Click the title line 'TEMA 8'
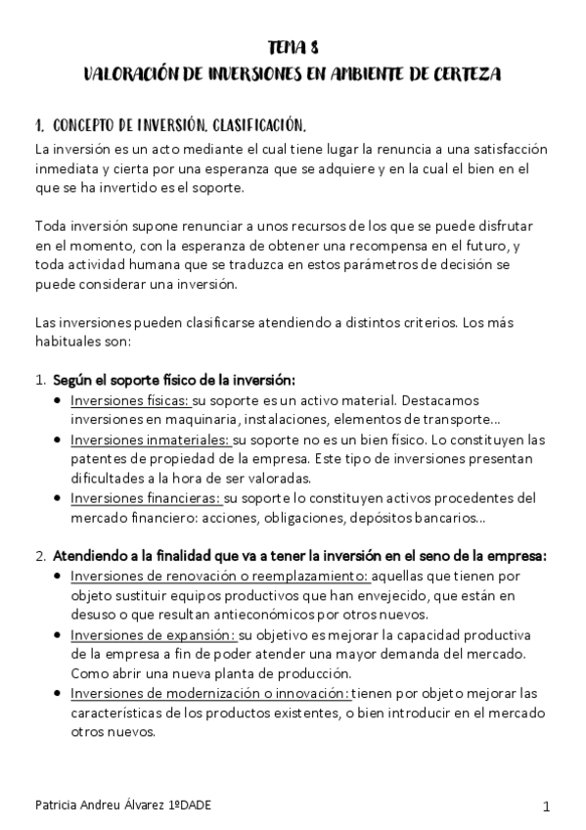click(293, 46)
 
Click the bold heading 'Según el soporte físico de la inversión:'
click(174, 380)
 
